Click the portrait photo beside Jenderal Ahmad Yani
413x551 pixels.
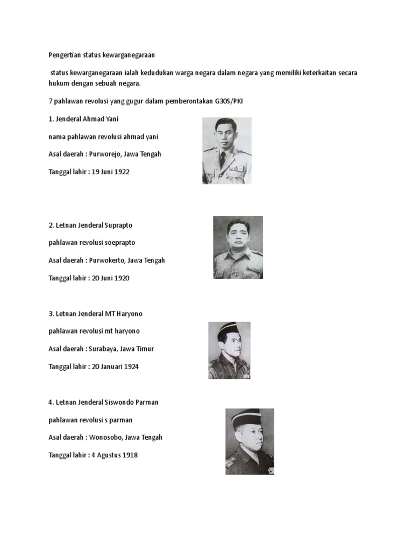click(226, 151)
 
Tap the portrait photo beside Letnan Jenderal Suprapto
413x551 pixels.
click(238, 247)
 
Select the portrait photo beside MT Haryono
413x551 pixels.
click(229, 350)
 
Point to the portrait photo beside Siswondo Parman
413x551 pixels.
click(250, 441)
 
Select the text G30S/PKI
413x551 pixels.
click(229, 101)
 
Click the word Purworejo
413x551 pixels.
click(105, 154)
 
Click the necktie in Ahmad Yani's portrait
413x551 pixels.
click(223, 158)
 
